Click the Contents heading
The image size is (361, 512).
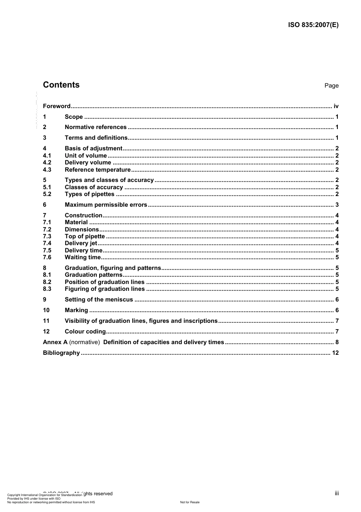pos(61,85)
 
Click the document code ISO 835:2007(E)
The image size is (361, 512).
pos(312,25)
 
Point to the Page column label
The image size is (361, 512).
pos(331,86)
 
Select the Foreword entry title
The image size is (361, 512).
pos(57,106)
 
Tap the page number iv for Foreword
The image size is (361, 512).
pos(336,106)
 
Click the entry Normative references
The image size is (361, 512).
pos(95,127)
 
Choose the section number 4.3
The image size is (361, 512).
pos(47,170)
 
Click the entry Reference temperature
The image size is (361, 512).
pos(98,170)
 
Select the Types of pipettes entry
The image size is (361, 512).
pos(89,194)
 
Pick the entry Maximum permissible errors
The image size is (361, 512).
pos(106,205)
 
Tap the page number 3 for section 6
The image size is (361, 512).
pos(337,205)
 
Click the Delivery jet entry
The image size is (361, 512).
pos(81,243)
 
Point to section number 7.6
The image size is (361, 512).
pos(47,257)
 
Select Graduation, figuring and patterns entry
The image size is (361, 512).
pos(113,268)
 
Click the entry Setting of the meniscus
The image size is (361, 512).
pos(99,300)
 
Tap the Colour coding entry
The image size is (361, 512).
pos(85,332)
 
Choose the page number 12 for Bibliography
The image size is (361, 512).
pos(335,353)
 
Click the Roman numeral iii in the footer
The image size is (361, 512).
pos(337,493)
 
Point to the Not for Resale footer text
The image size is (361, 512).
pos(190,502)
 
